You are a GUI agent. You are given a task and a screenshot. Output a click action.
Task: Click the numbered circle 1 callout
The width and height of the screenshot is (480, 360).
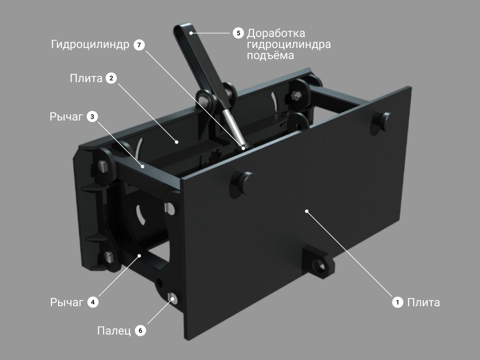coord(397,302)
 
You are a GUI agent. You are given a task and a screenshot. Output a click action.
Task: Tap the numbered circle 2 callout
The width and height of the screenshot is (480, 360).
coord(111,78)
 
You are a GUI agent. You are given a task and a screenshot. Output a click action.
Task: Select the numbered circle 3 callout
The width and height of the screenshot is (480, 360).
coord(92,117)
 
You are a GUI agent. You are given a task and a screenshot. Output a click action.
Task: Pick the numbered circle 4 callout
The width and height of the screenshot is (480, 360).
coord(93,302)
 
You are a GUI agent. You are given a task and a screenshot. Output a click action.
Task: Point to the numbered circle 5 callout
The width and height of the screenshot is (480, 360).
coord(238,33)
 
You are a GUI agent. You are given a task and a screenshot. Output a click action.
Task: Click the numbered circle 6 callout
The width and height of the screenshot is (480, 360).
coord(141,331)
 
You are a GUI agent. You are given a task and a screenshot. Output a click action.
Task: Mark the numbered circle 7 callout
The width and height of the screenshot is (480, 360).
coord(139,45)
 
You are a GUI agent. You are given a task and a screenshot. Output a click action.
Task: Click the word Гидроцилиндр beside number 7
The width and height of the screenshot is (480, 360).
coord(90,45)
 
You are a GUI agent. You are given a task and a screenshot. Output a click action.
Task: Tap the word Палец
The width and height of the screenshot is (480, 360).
coord(114,331)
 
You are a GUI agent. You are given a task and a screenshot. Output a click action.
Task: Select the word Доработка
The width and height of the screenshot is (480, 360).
coord(276,33)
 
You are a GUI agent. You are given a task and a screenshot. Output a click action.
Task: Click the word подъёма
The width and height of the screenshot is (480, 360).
coord(270,55)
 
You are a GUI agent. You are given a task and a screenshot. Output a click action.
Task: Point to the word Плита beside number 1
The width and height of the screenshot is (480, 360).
coord(423,302)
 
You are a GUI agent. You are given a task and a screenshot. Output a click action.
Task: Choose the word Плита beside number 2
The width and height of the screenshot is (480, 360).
coord(86,78)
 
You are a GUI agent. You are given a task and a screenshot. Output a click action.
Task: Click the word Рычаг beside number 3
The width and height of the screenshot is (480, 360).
coord(66,117)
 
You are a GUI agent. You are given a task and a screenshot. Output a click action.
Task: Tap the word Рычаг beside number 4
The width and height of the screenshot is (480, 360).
coord(67,302)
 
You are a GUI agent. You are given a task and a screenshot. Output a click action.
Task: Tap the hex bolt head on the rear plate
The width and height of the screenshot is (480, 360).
coord(295,96)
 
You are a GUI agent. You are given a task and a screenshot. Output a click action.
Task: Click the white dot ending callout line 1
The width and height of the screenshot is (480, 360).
coord(306,211)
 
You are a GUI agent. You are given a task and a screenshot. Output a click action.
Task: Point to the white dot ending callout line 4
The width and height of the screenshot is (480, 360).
coord(139,255)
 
